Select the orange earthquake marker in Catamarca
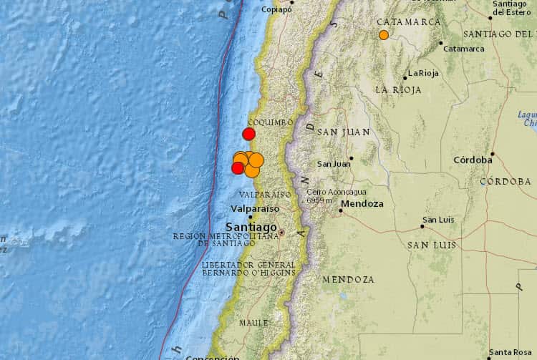pyautogui.click(x=384, y=34)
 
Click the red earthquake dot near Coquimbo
pyautogui.click(x=249, y=134)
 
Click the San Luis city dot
pyautogui.click(x=422, y=227)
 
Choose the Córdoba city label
pyautogui.click(x=472, y=160)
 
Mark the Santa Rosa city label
pyautogui.click(x=511, y=353)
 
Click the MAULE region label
pyautogui.click(x=253, y=323)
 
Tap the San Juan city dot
pyautogui.click(x=352, y=158)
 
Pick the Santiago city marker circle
pyautogui.click(x=281, y=233)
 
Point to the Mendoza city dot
pyautogui.click(x=341, y=210)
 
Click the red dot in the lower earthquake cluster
pyautogui.click(x=238, y=167)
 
